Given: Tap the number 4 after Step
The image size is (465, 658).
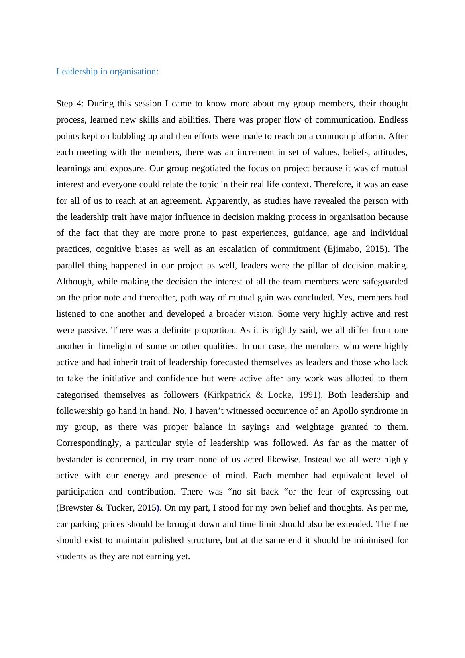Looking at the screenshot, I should pos(80,104).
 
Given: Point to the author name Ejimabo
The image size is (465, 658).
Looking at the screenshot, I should pos(344,249).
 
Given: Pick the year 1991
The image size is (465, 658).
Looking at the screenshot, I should pos(309,395).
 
